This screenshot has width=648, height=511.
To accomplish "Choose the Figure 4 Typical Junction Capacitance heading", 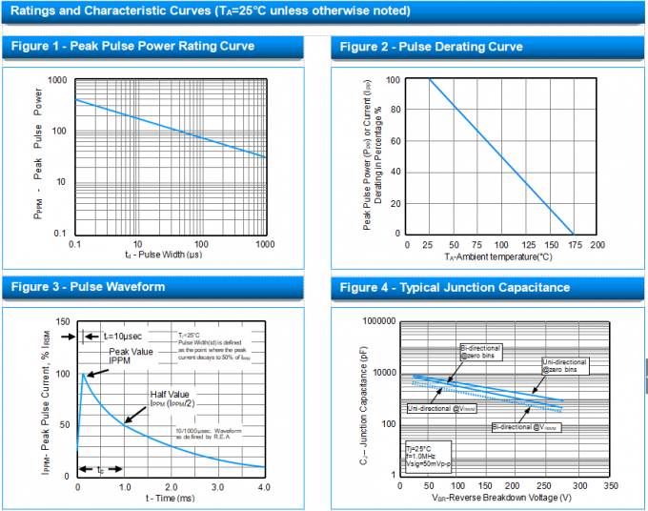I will [x=455, y=287].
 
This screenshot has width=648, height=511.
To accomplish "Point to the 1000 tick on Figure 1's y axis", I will [x=57, y=80].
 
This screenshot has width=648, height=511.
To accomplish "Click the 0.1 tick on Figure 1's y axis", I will [x=60, y=234].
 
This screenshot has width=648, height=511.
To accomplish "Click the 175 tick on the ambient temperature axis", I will [x=573, y=245].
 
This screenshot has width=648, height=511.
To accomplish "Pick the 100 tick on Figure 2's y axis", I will [x=393, y=80].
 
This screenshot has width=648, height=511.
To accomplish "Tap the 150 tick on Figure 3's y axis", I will [x=63, y=322].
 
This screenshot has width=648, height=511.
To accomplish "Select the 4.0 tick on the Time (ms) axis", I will [x=264, y=486].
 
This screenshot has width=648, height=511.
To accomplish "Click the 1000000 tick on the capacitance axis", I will [x=374, y=322].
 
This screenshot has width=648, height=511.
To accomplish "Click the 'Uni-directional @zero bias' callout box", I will [x=565, y=365].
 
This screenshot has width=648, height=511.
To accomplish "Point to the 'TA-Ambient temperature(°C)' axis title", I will [x=498, y=257].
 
